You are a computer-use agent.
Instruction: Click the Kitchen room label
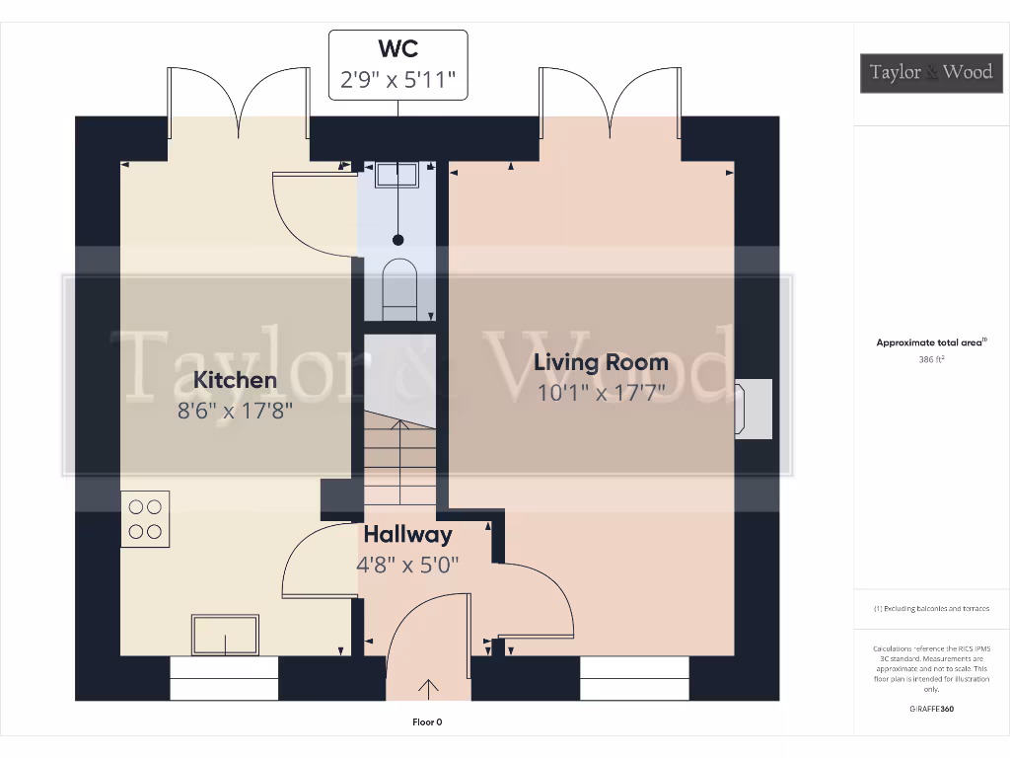click(x=235, y=379)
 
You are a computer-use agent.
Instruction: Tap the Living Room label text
click(x=601, y=362)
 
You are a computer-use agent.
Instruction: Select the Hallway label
click(x=407, y=535)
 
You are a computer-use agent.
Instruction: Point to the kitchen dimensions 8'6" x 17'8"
click(x=235, y=410)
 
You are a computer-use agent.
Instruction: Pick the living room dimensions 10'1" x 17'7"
click(x=602, y=393)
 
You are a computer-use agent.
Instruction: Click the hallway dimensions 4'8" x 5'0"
click(x=407, y=566)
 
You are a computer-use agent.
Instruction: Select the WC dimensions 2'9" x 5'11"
click(x=397, y=80)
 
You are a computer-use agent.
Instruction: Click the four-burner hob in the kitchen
click(x=145, y=519)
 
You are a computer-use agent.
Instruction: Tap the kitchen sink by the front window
click(x=226, y=635)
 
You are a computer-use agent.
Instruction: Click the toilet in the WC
click(x=398, y=286)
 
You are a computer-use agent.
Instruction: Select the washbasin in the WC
click(x=398, y=174)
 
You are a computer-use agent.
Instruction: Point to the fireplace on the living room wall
click(x=754, y=408)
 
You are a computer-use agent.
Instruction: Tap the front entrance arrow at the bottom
click(x=429, y=687)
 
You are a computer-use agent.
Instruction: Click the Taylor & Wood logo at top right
click(x=931, y=72)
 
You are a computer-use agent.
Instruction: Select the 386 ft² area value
click(x=931, y=359)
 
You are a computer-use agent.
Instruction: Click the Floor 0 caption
click(x=427, y=722)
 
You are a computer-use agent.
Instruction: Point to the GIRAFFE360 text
click(x=931, y=709)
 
